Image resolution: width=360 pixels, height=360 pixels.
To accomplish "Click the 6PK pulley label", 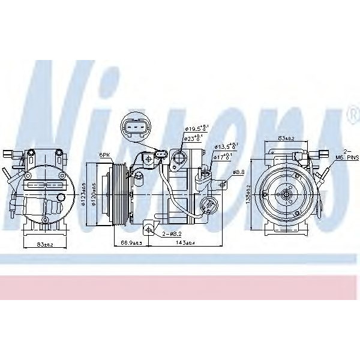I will (x=105, y=155).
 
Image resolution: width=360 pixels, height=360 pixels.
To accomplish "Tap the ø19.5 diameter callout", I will (x=196, y=129).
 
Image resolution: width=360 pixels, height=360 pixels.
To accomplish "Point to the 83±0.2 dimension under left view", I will (x=45, y=244).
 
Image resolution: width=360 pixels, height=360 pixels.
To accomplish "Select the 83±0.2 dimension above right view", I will (x=286, y=139).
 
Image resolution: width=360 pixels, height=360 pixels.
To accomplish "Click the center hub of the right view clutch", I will (x=286, y=193).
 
